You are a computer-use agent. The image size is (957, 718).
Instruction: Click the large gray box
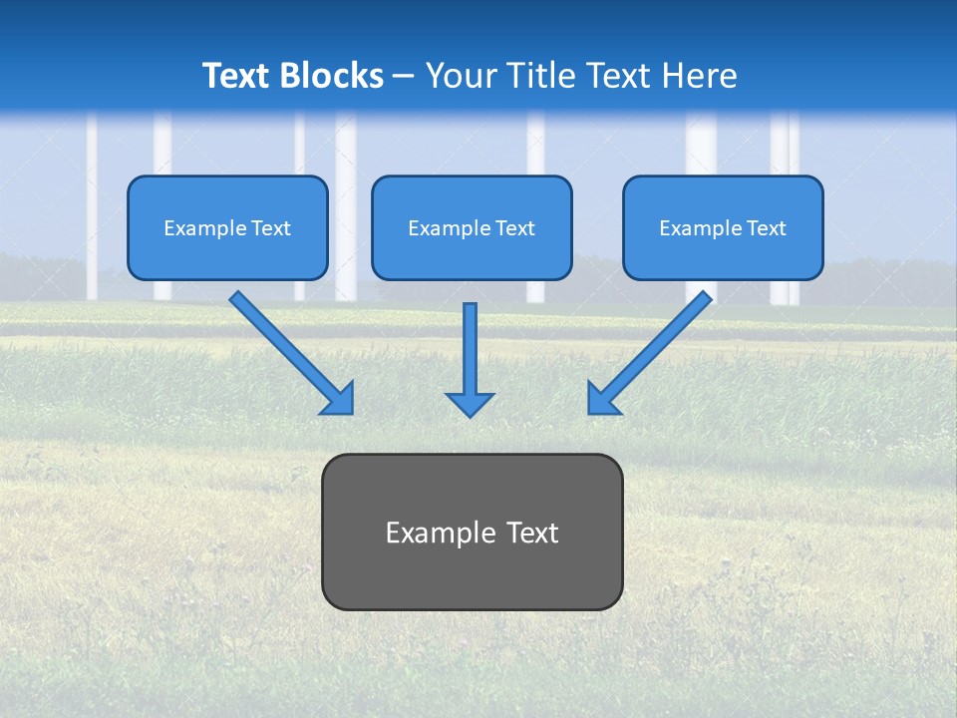(x=472, y=573)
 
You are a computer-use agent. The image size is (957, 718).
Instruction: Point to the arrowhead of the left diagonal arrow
(x=338, y=399)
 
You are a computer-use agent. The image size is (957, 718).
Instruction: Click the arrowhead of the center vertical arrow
(x=470, y=403)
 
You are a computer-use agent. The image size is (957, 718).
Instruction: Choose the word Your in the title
(x=461, y=76)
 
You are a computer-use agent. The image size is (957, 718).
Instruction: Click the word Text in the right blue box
(x=767, y=228)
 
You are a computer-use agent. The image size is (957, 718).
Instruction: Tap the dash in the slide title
(x=404, y=76)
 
